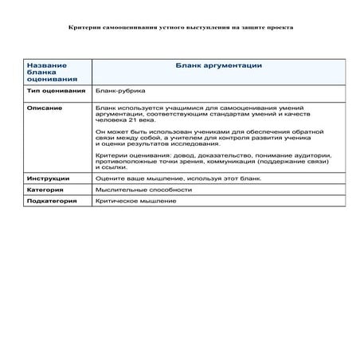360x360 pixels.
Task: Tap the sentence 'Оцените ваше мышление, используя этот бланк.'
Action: pyautogui.click(x=172, y=178)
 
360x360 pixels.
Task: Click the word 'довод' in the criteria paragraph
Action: pyautogui.click(x=174, y=155)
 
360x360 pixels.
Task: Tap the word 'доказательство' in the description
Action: pyautogui.click(x=217, y=155)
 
